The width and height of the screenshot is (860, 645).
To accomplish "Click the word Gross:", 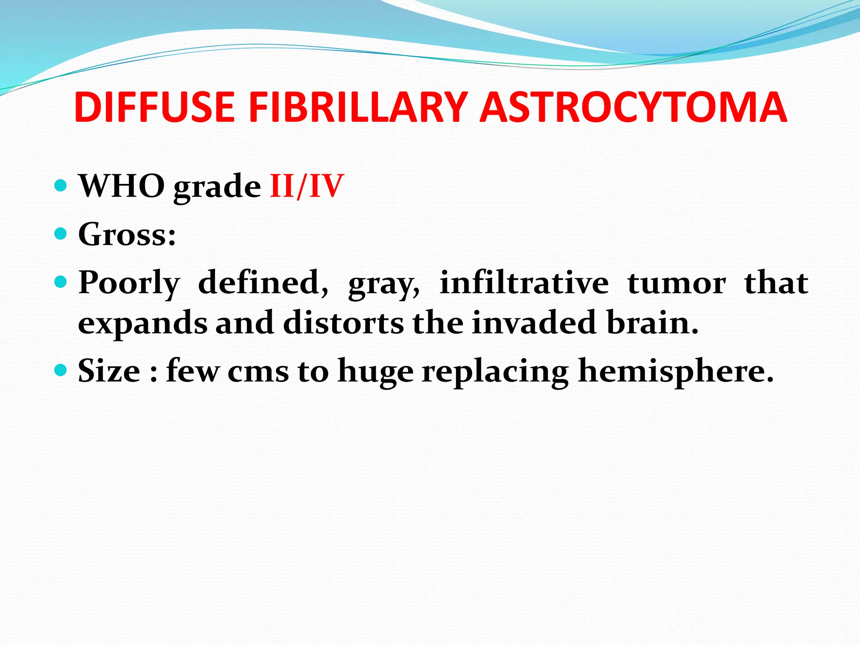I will tap(127, 234).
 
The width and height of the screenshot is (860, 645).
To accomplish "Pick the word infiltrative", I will tap(524, 282).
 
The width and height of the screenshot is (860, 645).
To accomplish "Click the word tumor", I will tap(676, 283).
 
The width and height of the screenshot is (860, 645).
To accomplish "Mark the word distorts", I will tap(343, 322).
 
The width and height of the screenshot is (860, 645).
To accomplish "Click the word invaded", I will tap(534, 322).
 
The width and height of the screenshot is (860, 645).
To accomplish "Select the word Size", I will tap(109, 371).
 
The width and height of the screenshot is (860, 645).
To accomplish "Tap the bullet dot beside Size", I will tap(61, 370).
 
